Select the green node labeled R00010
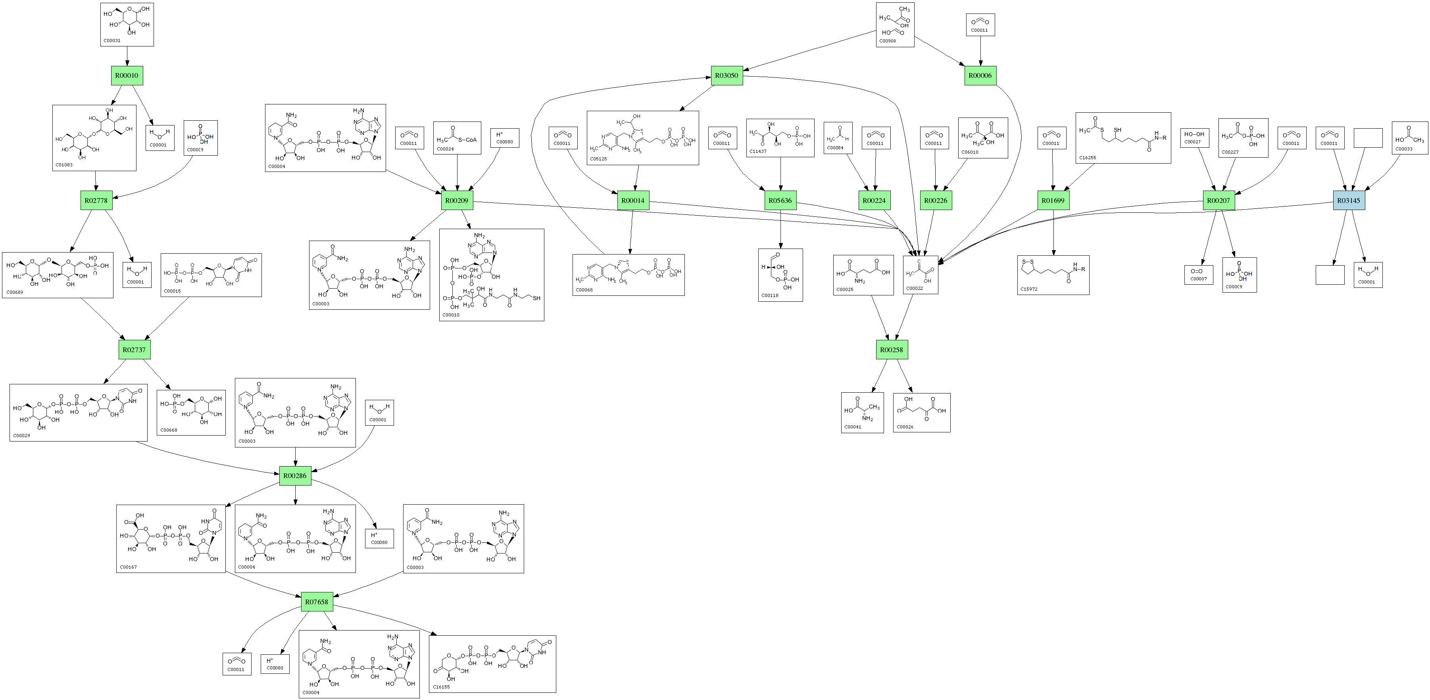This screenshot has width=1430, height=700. pos(127,75)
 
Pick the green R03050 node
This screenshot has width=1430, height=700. pos(727,75)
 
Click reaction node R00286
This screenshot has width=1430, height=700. pos(295,476)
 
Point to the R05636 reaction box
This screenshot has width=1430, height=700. pos(780,201)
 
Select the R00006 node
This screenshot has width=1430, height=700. pos(980,75)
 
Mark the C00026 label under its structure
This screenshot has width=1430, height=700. pos(905,427)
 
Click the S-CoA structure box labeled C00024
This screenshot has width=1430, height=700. pos(457,138)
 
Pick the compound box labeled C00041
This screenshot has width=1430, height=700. pos(862,412)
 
